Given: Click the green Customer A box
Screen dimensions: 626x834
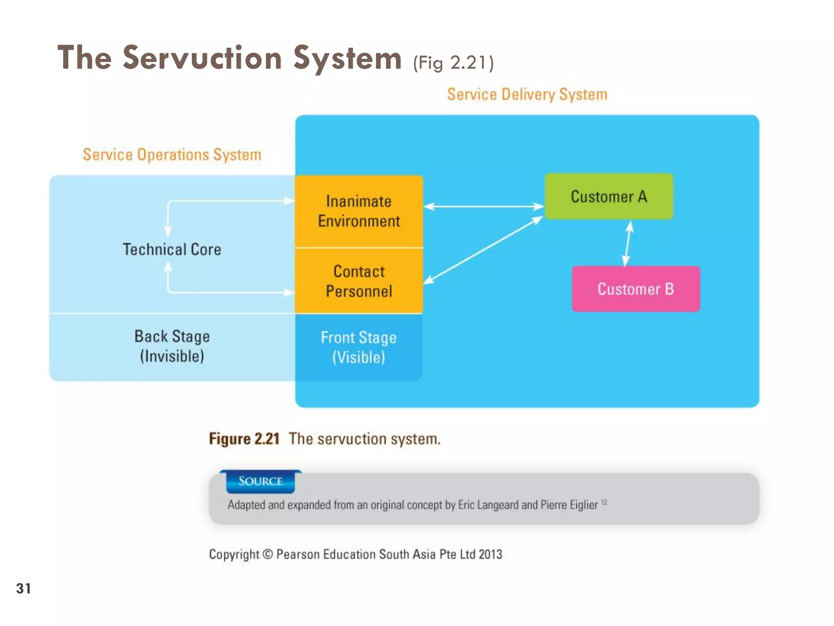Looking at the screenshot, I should point(608,196).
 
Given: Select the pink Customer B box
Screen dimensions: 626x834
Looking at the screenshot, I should point(635,289).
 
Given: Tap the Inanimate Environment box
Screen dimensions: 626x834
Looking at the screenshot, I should point(359,211).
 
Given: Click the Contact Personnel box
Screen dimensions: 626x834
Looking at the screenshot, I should point(359,281).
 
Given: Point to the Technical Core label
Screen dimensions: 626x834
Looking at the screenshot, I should point(172,249).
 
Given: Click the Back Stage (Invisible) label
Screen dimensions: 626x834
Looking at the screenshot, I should point(172,346).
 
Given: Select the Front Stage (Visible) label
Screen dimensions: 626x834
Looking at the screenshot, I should point(358,347).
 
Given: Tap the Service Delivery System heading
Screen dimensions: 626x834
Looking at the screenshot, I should point(527,95).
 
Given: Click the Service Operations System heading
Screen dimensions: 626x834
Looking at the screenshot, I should point(172,155).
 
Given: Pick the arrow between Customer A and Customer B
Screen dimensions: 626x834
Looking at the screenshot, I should point(628,243).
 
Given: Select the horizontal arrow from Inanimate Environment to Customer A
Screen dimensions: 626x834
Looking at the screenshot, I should point(484,207).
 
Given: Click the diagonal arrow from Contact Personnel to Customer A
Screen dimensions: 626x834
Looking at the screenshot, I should point(484,250).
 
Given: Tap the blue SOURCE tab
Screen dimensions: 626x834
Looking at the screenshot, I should point(260,481).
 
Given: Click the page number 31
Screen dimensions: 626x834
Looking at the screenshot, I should point(23,589).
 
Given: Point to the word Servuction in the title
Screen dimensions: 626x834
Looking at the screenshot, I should point(202,58).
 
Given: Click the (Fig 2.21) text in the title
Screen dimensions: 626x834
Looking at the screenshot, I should point(453,63).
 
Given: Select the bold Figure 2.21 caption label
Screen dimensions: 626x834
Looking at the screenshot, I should point(244,439).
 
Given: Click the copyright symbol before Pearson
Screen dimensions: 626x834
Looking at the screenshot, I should point(268,554).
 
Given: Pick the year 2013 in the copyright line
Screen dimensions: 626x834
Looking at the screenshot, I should point(490,554).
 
